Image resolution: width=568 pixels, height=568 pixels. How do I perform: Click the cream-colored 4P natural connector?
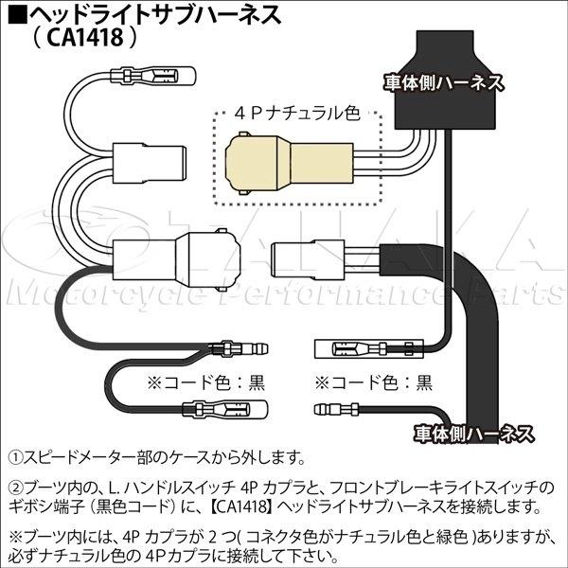click(x=289, y=163)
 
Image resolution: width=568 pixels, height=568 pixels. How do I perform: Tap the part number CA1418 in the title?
click(x=85, y=37)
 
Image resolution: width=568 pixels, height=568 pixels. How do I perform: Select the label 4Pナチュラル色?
click(x=297, y=114)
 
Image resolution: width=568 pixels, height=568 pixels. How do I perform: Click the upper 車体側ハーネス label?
click(x=444, y=83)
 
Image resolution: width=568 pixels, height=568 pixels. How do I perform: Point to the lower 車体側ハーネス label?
click(x=474, y=434)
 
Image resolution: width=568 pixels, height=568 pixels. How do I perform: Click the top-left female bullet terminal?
click(x=153, y=76)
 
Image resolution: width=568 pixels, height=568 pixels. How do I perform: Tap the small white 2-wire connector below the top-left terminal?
click(x=150, y=164)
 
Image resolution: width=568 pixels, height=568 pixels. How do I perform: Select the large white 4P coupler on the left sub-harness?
click(x=176, y=259)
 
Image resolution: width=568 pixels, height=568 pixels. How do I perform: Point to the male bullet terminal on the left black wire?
click(x=239, y=349)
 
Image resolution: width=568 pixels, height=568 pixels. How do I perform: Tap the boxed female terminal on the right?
click(x=368, y=348)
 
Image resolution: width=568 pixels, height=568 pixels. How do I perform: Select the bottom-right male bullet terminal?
click(x=336, y=410)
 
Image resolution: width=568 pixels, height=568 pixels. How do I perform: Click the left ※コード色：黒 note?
click(x=205, y=382)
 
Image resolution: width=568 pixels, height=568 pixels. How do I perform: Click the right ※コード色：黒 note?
click(x=374, y=382)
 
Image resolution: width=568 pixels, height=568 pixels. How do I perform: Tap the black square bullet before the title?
click(x=17, y=14)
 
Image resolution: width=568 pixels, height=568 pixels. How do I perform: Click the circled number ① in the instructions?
click(x=15, y=458)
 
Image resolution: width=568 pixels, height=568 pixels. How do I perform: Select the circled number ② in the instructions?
click(x=15, y=488)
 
